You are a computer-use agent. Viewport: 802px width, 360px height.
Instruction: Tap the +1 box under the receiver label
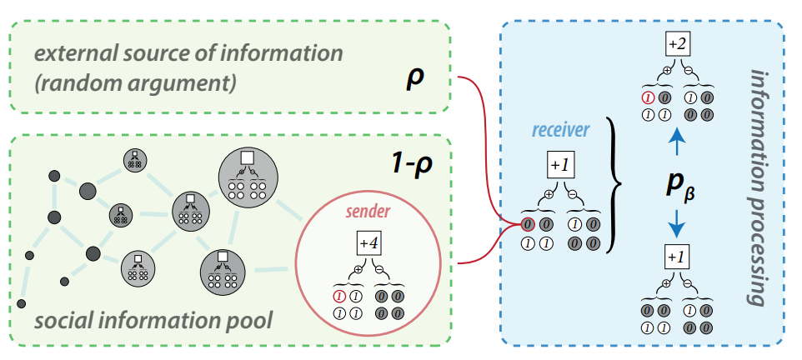(559, 165)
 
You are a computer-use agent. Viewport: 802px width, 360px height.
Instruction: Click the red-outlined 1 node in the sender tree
(338, 295)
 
